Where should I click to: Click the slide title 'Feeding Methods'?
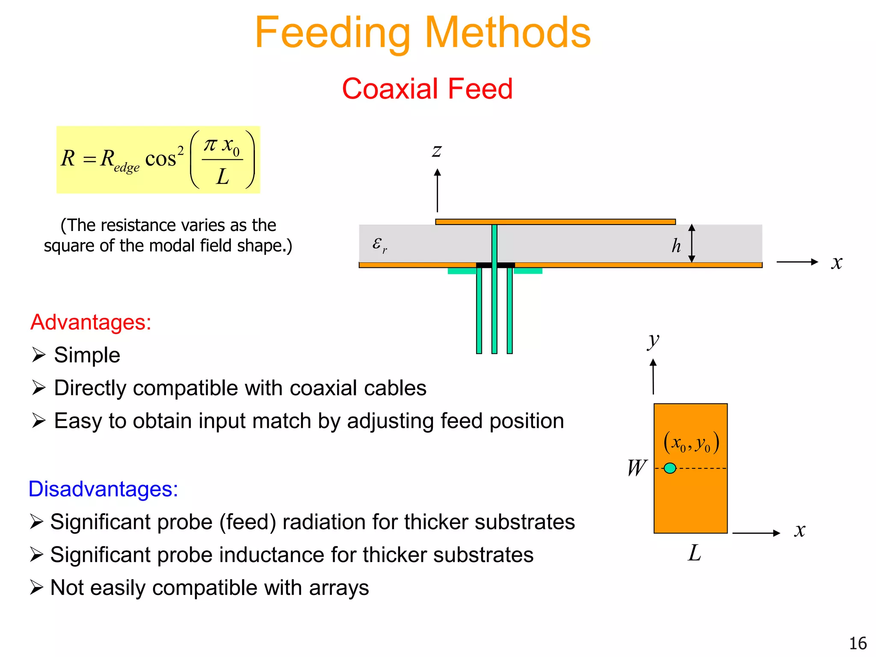point(423,33)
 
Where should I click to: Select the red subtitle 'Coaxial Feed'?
point(427,89)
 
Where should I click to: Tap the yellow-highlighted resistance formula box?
point(158,160)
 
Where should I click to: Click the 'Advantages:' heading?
point(91,322)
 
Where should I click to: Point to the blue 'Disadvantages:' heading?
point(103,488)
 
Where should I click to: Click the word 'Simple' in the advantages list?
point(87,355)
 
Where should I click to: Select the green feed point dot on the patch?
point(670,468)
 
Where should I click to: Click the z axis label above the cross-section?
point(436,150)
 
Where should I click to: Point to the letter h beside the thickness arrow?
point(676,246)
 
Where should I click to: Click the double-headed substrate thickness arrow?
point(692,243)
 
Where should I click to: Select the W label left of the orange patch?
point(636,468)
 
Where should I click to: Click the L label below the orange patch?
point(694,553)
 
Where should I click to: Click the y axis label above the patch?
point(653,341)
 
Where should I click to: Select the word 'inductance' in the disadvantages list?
point(273,555)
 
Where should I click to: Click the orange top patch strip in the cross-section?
point(555,222)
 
